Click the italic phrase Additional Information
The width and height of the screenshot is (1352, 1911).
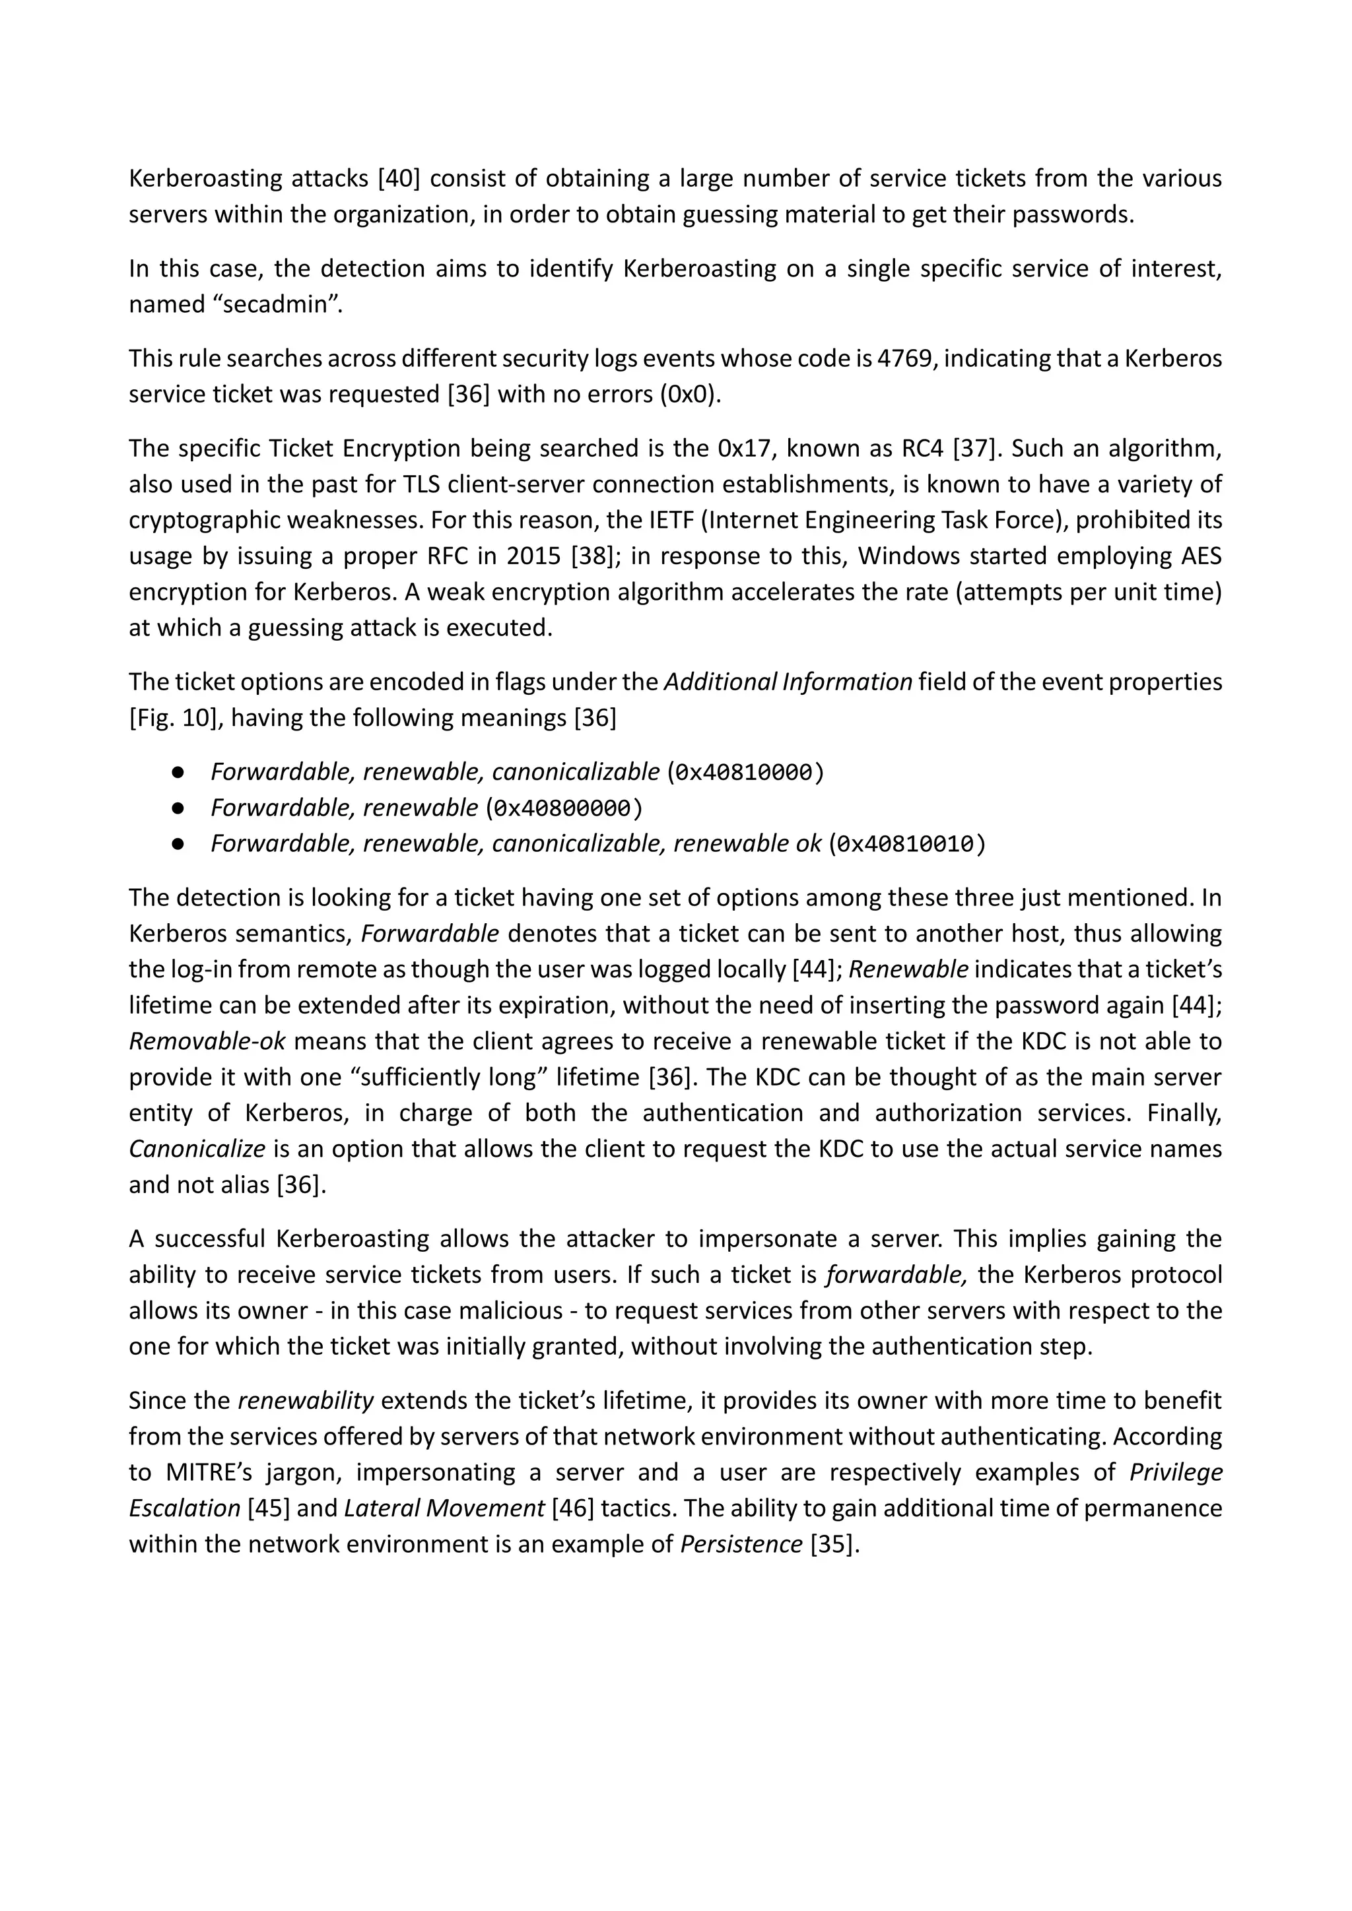tap(788, 682)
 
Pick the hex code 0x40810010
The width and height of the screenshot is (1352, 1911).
tap(906, 845)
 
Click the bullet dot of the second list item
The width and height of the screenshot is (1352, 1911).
tap(178, 808)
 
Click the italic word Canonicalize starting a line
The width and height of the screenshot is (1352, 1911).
tap(197, 1150)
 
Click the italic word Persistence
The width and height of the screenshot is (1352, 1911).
tap(741, 1545)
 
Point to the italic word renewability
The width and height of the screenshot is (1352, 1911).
tap(306, 1401)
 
